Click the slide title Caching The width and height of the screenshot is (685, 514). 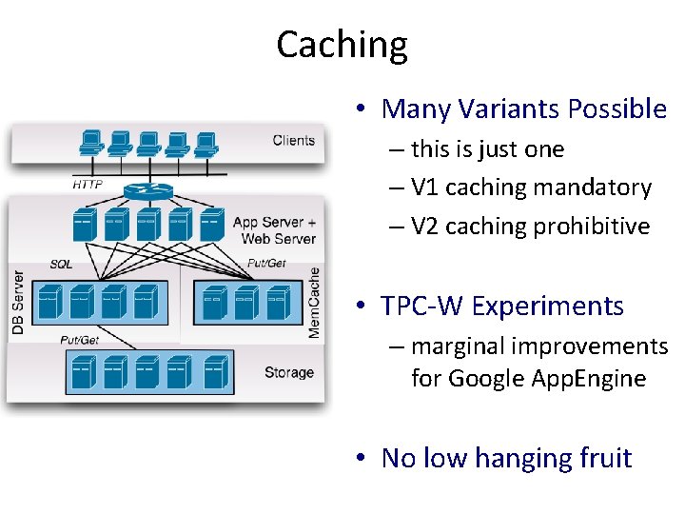click(x=342, y=45)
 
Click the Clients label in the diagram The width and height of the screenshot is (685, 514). click(x=293, y=141)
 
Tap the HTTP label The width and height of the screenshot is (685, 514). click(x=88, y=184)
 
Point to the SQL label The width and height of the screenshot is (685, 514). click(x=61, y=264)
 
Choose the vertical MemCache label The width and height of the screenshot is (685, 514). click(x=315, y=301)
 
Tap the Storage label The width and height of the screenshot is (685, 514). click(x=288, y=372)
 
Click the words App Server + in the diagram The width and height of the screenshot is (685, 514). click(x=275, y=223)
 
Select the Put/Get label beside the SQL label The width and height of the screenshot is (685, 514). click(x=267, y=264)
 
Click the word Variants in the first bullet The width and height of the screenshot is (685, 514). click(x=509, y=109)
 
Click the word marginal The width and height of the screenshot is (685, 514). click(x=458, y=346)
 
